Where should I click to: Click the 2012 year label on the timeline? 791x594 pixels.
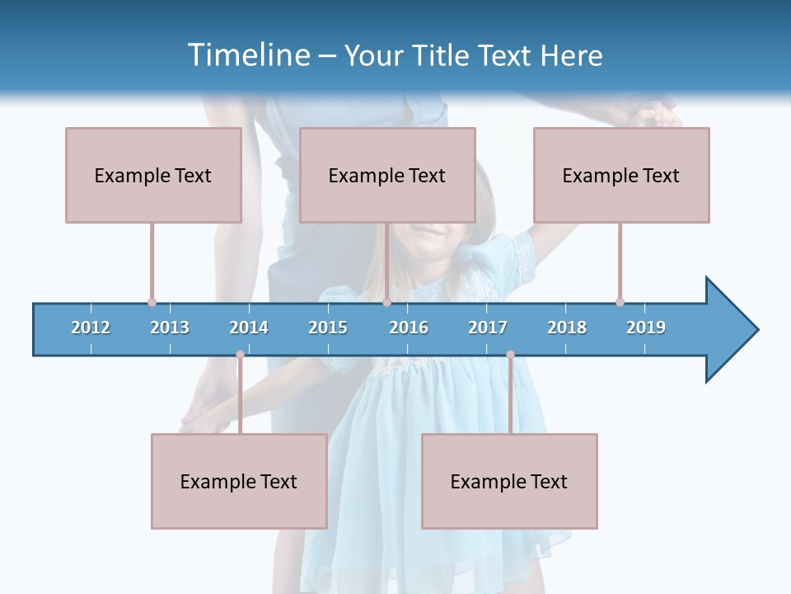[91, 328]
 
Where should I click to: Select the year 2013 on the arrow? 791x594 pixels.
[170, 328]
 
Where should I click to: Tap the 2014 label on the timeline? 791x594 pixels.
[249, 328]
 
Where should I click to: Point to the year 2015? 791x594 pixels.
[328, 328]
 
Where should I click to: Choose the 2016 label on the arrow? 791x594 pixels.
[409, 328]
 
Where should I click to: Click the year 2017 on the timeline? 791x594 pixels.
[488, 328]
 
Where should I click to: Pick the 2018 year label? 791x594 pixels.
[567, 328]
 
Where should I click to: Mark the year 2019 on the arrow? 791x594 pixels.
[646, 328]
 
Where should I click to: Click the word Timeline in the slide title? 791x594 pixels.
[246, 55]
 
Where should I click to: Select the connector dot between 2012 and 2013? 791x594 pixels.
[152, 302]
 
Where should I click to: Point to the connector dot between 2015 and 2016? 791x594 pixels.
[386, 302]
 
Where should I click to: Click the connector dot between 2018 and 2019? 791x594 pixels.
[620, 302]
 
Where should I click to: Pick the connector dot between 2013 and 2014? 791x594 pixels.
[240, 355]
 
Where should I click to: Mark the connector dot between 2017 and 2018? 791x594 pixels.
[510, 355]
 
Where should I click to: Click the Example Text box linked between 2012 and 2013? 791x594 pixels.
[153, 175]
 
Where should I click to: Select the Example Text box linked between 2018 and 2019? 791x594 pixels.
[621, 175]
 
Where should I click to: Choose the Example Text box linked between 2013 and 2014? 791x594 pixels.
[239, 481]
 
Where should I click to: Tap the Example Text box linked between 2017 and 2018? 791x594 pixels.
[509, 481]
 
